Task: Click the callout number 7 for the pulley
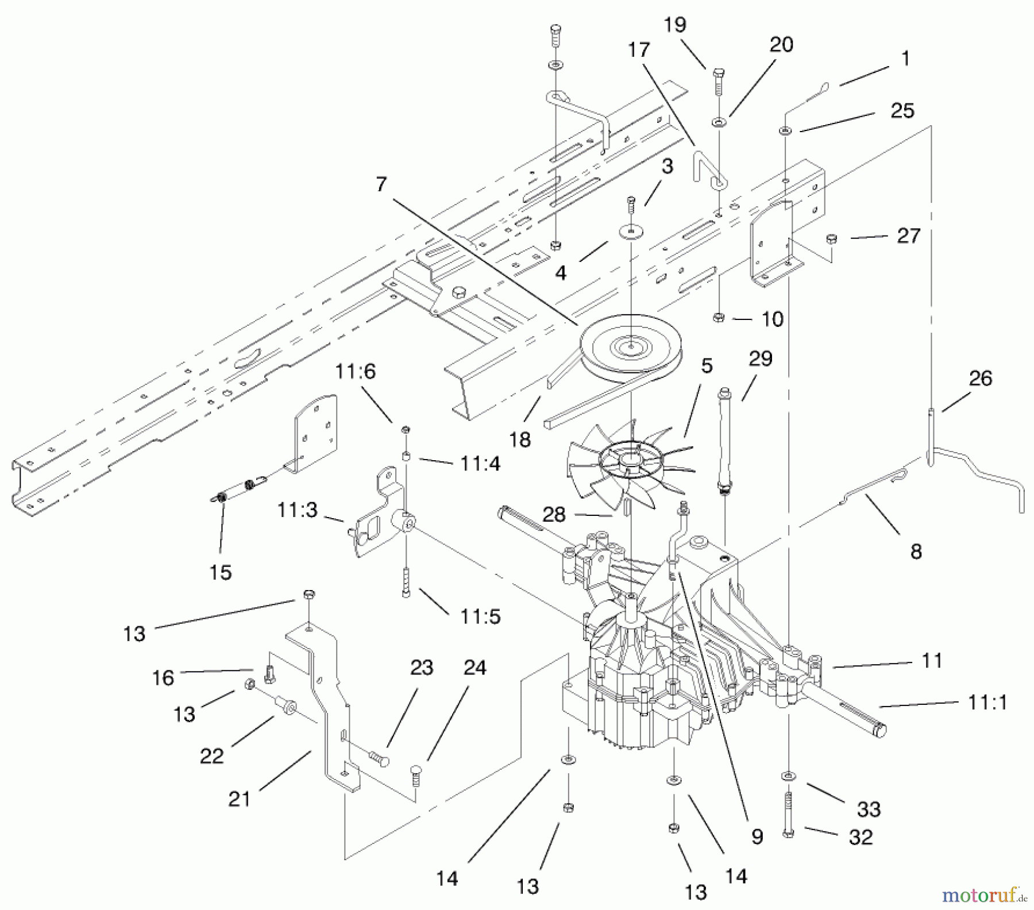381,184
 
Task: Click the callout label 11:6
356,372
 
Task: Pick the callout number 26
980,378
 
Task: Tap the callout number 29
761,358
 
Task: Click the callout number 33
869,809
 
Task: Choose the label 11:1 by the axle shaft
987,702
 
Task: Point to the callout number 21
240,799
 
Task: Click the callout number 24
474,668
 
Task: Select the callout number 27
908,236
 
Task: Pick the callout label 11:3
297,510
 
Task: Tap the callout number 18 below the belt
520,439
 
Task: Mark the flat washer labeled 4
631,232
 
